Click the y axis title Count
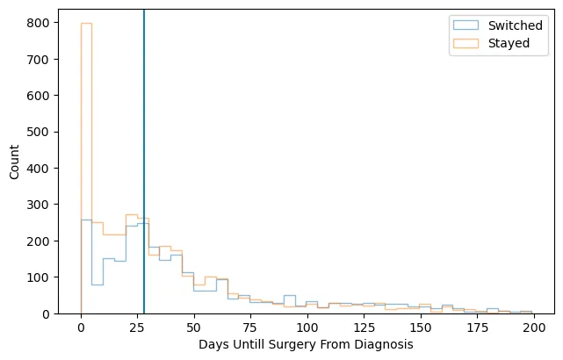click(13, 162)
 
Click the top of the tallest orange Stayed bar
click(86, 23)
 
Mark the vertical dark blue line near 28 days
click(144, 158)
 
